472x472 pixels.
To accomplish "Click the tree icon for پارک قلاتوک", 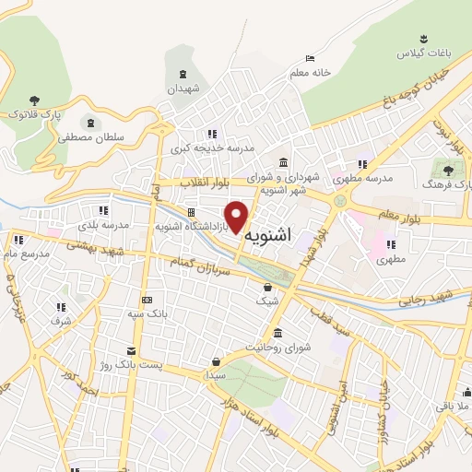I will coord(34,100).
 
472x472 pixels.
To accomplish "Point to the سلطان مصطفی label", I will coord(89,136).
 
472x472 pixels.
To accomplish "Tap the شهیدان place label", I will coord(183,88).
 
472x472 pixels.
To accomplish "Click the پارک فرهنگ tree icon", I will coord(449,170).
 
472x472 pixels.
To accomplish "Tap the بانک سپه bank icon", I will coord(147,300).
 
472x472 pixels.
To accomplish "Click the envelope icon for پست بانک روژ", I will coord(131,351).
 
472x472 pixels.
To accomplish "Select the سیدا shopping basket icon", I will coord(216,362).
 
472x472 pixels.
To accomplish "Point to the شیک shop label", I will coord(266,301).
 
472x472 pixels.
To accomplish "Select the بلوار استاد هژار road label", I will coord(248,418).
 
